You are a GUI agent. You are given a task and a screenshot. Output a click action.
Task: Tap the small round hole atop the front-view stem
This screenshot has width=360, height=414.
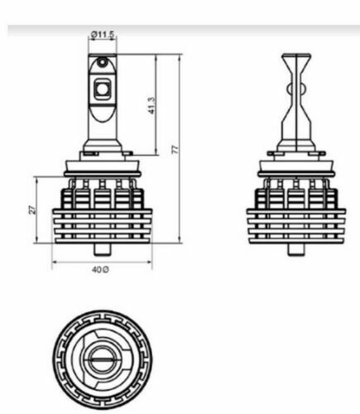pos(101,63)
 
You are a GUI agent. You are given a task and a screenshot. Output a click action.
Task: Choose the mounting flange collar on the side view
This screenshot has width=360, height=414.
pos(295,163)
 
